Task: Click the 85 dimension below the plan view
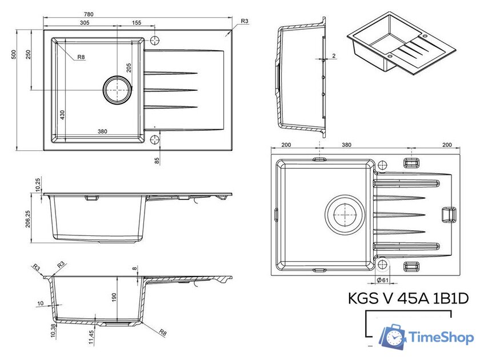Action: [x=157, y=160]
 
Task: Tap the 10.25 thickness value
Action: [x=38, y=184]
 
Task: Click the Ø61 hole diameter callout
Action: [x=383, y=279]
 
